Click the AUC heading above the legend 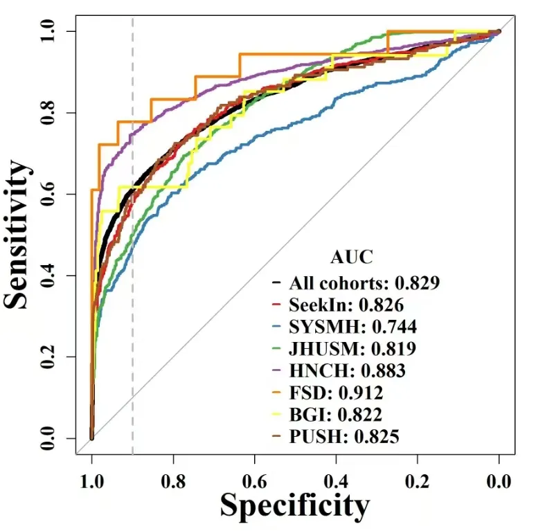pyautogui.click(x=351, y=258)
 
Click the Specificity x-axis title pyautogui.click(x=295, y=505)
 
